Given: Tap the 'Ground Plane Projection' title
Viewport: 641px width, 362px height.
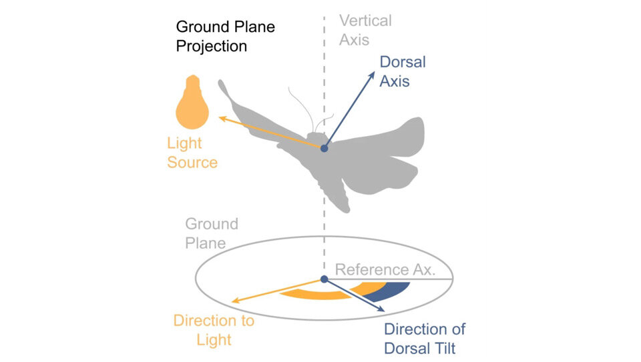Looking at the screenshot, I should click(x=225, y=37).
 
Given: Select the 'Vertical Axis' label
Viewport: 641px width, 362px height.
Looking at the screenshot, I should click(x=365, y=30).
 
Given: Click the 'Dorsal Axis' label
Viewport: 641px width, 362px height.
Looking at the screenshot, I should click(x=402, y=72).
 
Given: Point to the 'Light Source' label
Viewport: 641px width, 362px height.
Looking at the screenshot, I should click(x=192, y=153).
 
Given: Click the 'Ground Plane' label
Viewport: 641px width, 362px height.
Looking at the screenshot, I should click(x=211, y=233).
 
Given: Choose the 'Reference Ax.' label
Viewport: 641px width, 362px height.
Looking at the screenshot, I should click(x=385, y=269).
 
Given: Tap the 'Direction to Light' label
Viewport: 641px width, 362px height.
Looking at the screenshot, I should click(x=214, y=330).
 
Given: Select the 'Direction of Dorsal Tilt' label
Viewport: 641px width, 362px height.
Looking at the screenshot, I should click(x=424, y=338).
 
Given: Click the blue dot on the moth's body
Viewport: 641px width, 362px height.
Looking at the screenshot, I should click(x=324, y=148).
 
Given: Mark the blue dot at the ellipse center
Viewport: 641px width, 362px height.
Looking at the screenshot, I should click(x=324, y=279).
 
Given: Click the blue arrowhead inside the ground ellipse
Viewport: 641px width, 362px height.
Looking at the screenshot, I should click(x=381, y=309).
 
